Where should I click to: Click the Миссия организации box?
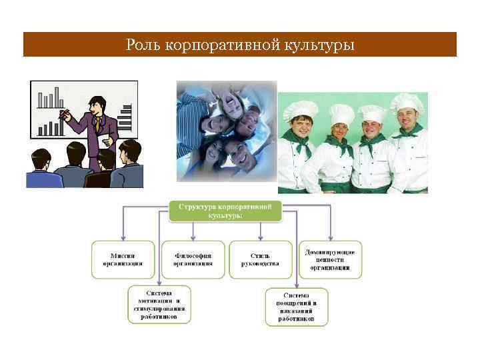point(123,259)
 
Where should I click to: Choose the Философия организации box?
point(193,259)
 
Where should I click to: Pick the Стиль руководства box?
point(260,259)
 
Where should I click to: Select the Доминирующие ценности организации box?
point(330,259)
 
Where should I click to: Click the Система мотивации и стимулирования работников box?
point(159,304)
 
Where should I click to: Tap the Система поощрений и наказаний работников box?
point(297,307)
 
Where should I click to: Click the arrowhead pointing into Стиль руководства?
point(261,237)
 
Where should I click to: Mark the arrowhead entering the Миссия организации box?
point(123,237)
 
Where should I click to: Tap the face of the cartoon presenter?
point(97,105)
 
